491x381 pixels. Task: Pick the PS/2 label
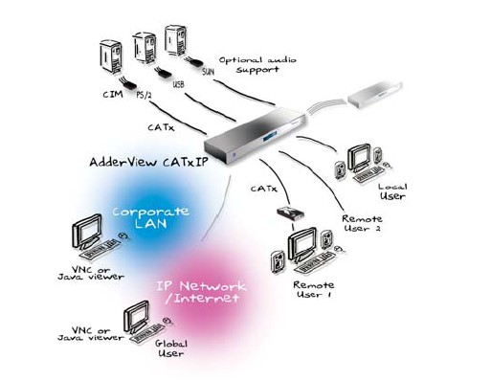coord(144,95)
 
